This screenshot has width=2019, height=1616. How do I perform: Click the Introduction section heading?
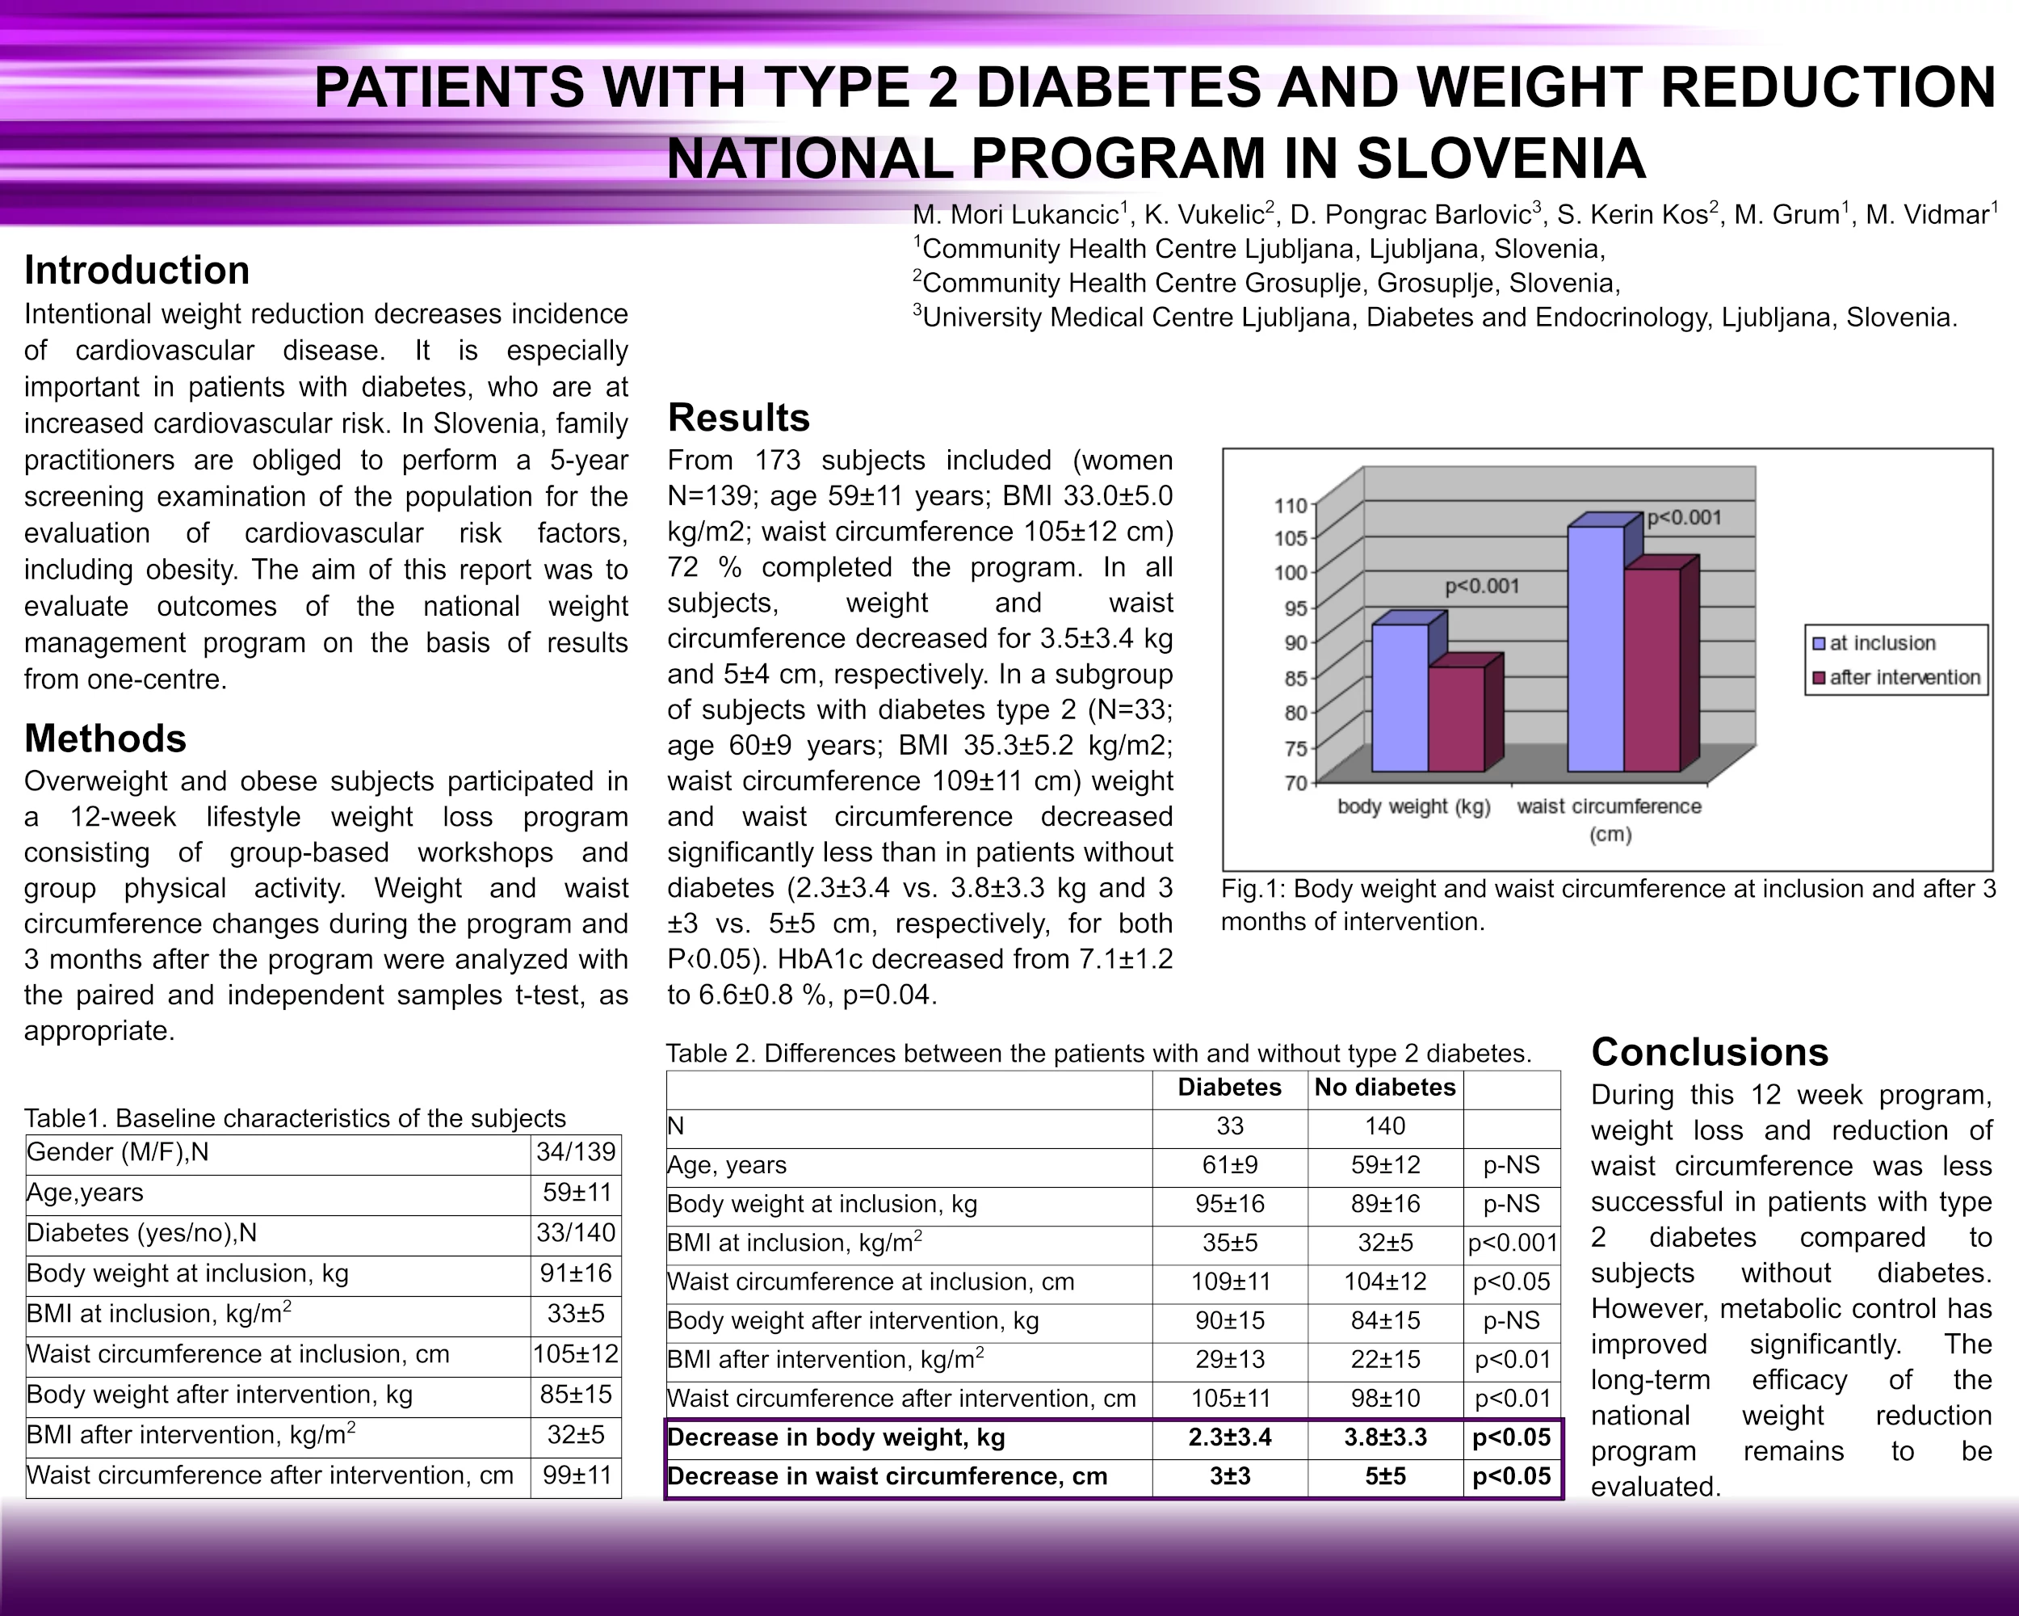pyautogui.click(x=136, y=270)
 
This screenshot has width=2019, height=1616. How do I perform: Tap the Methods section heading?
pyautogui.click(x=105, y=739)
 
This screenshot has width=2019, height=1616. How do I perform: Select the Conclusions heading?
pyautogui.click(x=1709, y=1052)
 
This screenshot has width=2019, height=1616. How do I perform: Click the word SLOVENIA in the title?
pyautogui.click(x=1501, y=158)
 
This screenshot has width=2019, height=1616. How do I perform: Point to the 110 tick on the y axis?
pyautogui.click(x=1290, y=506)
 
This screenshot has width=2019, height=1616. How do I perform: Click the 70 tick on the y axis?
pyautogui.click(x=1295, y=782)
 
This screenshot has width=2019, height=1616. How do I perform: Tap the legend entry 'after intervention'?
pyautogui.click(x=1904, y=677)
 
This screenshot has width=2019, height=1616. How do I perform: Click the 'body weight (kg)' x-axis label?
pyautogui.click(x=1413, y=806)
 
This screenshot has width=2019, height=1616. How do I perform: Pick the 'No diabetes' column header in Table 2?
pyautogui.click(x=1384, y=1087)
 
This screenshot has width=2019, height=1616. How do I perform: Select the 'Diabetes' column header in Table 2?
pyautogui.click(x=1229, y=1087)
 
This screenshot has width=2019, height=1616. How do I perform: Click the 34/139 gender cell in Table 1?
pyautogui.click(x=575, y=1151)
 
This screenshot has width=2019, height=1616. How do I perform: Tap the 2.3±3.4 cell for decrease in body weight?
pyautogui.click(x=1229, y=1437)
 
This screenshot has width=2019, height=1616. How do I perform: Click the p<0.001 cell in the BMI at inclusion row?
pyautogui.click(x=1512, y=1244)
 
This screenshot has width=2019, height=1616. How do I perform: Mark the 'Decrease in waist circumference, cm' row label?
pyautogui.click(x=887, y=1476)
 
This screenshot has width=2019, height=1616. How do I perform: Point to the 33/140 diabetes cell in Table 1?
pyautogui.click(x=575, y=1232)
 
